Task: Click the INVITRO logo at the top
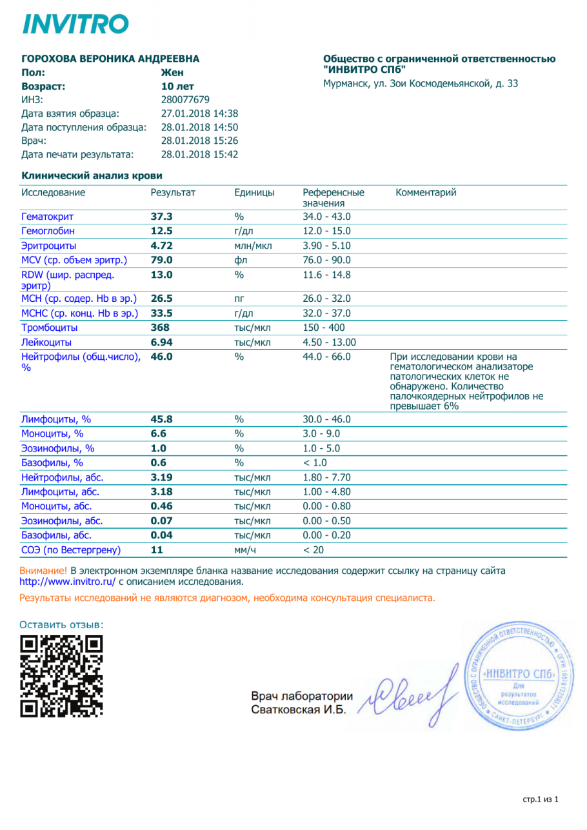[75, 24]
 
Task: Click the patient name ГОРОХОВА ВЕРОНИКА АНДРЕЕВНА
[110, 59]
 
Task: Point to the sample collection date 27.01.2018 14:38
[199, 113]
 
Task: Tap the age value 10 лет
[177, 86]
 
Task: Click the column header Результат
[173, 192]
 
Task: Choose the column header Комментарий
[425, 192]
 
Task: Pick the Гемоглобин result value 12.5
[161, 231]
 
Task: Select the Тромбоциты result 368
[159, 328]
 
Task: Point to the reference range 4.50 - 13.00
[330, 342]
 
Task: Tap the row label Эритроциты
[48, 246]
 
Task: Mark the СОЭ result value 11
[157, 550]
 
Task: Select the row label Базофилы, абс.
[57, 535]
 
